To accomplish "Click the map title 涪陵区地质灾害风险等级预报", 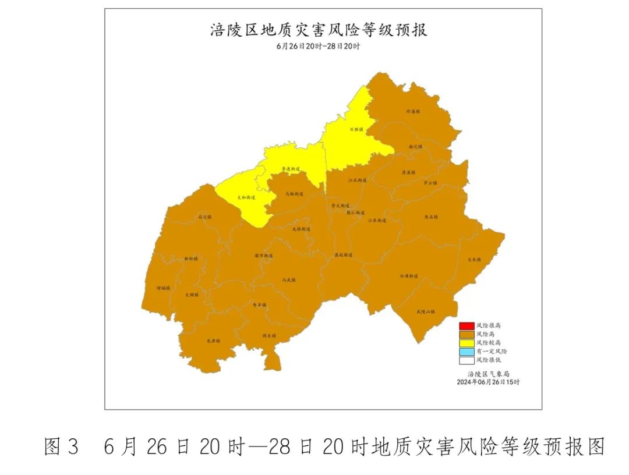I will (319, 30).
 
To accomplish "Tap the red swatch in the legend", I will (466, 325).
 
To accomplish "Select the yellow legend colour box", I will (466, 343).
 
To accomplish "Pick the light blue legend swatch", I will (466, 352).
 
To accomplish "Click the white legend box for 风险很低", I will (466, 360).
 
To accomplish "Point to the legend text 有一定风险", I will (492, 352).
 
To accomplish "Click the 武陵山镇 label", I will (426, 312).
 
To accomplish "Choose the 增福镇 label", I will (163, 288).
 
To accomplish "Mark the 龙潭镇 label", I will (214, 341).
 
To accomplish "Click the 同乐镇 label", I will (268, 336).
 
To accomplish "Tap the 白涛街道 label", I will (408, 276).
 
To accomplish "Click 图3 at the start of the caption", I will (61, 447).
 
